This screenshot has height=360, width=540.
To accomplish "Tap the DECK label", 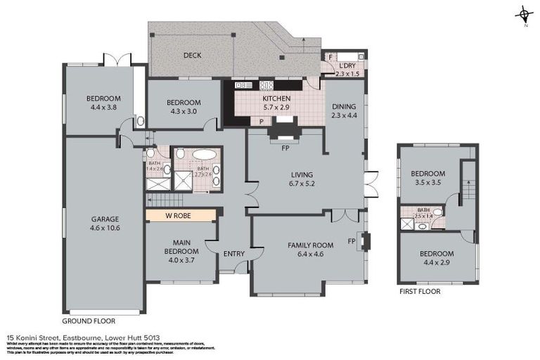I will [193, 56].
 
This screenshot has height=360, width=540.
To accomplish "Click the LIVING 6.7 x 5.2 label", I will [302, 179].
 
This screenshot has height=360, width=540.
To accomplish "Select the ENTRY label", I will [233, 254].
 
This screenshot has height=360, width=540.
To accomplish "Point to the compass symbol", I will [524, 15].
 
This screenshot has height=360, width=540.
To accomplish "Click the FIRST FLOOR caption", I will [419, 291].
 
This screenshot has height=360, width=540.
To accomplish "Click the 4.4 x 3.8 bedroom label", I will [103, 103].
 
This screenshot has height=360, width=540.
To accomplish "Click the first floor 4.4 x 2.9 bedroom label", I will [437, 258].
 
